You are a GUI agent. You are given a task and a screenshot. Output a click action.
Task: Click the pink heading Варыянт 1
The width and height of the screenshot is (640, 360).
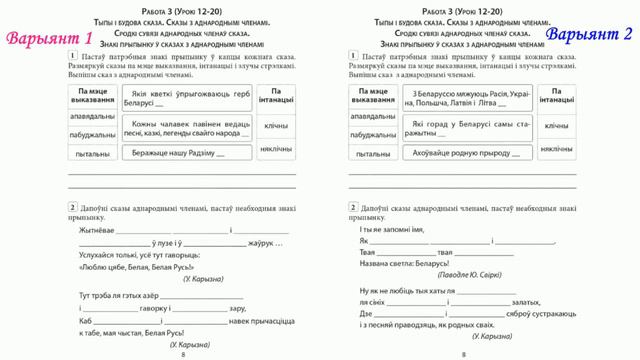tap(49, 39)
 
